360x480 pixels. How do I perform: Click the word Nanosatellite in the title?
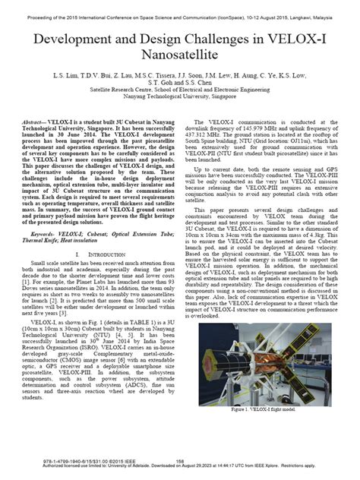coord(180,55)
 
